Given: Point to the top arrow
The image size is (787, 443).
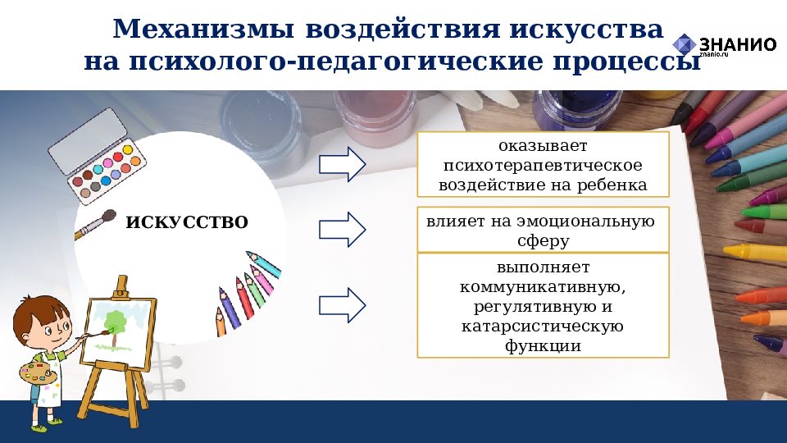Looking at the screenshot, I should tap(341, 164).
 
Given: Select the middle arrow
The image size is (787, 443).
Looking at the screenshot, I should tap(341, 229).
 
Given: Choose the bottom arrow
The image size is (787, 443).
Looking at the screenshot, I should tap(341, 304).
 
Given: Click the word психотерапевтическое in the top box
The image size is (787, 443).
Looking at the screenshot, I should tap(543, 165).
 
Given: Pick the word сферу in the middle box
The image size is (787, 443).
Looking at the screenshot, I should tap(543, 241).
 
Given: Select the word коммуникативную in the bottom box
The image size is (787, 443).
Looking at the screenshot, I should tap(543, 287).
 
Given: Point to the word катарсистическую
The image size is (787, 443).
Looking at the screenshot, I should tap(543, 327).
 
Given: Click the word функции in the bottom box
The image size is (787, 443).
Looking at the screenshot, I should tap(543, 346).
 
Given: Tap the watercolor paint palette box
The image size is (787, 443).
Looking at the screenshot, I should tap(97, 156).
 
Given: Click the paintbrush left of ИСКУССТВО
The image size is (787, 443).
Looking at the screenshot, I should tap(95, 225).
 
